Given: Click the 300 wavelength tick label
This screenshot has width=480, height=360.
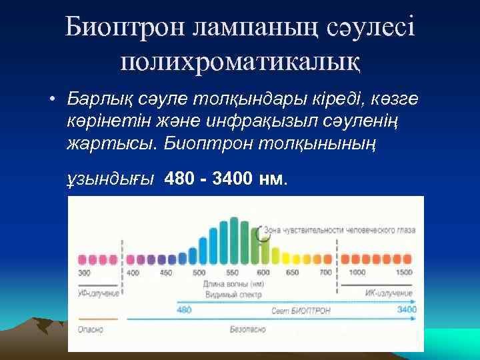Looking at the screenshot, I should pos(84,273).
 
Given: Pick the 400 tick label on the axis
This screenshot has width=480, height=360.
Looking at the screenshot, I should pos(133,273).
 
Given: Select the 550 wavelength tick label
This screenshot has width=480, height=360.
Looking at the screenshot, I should pos(233,273).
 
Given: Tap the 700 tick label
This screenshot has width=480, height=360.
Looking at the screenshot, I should pos(325,273).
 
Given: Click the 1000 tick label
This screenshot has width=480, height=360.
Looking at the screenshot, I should pos(357,273).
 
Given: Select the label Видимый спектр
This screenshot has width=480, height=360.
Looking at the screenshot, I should pos(233,293).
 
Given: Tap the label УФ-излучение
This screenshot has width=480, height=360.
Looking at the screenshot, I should pos(99,293).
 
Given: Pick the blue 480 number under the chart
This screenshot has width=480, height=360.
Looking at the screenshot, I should pos(185,309).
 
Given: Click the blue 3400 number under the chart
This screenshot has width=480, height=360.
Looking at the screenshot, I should pos(406,309).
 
